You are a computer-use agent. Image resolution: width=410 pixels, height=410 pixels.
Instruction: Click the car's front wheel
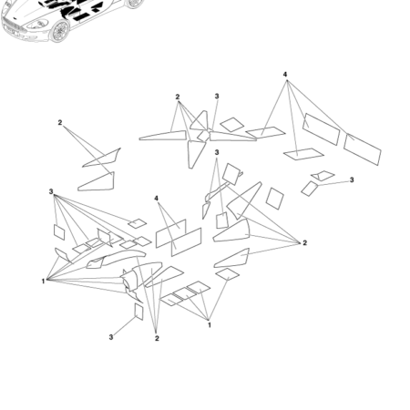click(60, 31)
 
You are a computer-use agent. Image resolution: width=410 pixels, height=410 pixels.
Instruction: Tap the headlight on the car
click(38, 25)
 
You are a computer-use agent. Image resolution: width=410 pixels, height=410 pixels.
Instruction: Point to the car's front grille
click(12, 26)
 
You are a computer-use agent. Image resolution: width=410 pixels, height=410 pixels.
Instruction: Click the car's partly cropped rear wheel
click(134, 4)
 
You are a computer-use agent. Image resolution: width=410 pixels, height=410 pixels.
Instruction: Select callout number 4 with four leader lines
click(285, 75)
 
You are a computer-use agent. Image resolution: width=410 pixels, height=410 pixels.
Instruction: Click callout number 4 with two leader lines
click(156, 199)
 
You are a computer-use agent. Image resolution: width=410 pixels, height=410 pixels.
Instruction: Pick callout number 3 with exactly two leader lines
click(217, 152)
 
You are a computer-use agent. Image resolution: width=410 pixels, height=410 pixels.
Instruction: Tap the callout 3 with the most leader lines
click(51, 191)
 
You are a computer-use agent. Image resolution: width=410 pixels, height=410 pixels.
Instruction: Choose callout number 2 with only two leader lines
click(60, 122)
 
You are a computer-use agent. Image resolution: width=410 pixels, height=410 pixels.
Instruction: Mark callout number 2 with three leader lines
click(157, 338)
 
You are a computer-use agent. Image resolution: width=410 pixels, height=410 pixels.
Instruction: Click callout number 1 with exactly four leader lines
click(210, 325)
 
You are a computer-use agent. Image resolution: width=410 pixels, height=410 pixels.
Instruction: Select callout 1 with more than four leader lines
click(43, 282)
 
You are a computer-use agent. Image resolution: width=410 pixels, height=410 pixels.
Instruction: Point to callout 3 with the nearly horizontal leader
click(352, 179)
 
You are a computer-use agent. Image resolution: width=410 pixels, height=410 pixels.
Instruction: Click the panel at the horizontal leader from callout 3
click(309, 189)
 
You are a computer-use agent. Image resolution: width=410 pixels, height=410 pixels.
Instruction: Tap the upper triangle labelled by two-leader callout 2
click(103, 159)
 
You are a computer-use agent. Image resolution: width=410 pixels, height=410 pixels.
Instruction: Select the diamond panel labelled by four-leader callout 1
click(227, 274)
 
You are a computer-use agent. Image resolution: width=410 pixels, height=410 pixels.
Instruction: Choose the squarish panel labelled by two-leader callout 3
click(222, 220)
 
